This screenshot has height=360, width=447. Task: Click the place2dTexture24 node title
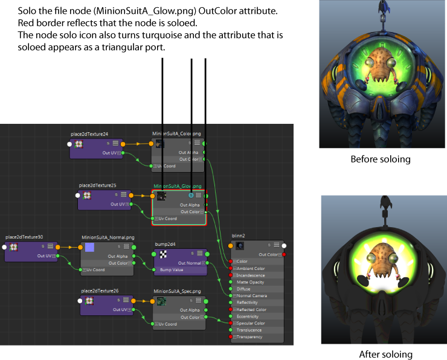pos(89,134)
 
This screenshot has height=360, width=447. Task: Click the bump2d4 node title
pos(166,244)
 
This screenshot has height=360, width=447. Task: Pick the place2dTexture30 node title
pos(24,237)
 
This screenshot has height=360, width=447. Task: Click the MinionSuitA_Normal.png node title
pos(106,238)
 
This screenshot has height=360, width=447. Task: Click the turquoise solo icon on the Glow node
pos(191,195)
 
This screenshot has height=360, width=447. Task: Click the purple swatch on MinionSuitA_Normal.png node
pos(89,247)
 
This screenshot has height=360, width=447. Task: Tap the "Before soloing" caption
pos(381,159)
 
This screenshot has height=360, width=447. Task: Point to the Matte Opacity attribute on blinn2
pos(250,282)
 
